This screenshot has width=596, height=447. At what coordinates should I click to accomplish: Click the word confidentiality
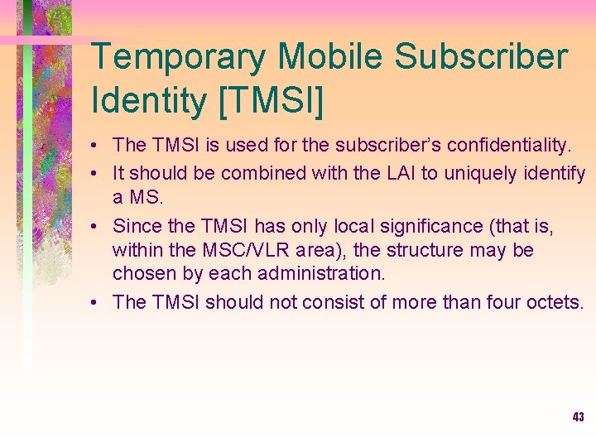(x=508, y=146)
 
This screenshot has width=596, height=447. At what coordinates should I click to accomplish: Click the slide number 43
(x=578, y=417)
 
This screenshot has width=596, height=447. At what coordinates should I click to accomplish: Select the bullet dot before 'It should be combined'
(x=97, y=175)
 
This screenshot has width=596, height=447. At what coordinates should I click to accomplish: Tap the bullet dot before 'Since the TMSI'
(x=97, y=226)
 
